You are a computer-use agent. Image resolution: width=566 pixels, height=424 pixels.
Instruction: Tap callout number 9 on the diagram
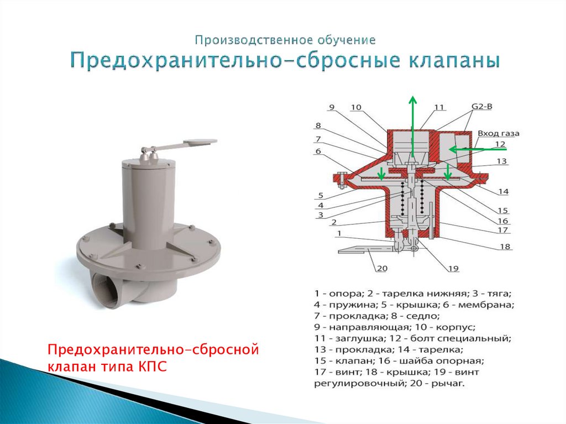tap(332, 107)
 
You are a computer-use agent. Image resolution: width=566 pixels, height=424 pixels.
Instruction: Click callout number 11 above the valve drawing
tap(438, 107)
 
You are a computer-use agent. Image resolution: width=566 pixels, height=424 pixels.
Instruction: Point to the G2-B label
tap(482, 107)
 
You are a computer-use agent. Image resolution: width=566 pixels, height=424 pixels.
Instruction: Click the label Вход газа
tap(499, 133)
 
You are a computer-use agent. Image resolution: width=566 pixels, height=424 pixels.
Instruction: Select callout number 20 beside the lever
tap(382, 268)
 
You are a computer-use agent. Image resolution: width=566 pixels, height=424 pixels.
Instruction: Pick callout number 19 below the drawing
tap(453, 268)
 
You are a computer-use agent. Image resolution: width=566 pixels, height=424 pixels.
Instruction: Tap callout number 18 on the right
tap(505, 247)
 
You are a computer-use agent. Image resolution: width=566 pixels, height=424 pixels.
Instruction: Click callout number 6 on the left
tap(318, 151)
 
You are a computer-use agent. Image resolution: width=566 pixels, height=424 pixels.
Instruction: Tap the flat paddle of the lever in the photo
tap(200, 142)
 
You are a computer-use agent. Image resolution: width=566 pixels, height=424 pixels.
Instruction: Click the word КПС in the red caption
tap(153, 367)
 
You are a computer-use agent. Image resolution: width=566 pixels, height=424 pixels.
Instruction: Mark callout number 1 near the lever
tap(339, 234)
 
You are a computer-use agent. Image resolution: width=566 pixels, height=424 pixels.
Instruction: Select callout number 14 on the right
tap(503, 192)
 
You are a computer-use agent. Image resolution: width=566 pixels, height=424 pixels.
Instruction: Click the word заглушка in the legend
tap(355, 339)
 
